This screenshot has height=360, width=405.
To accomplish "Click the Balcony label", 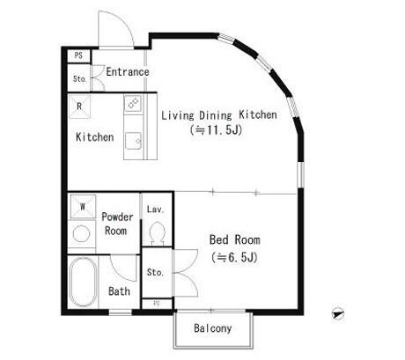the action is pyautogui.click(x=213, y=328).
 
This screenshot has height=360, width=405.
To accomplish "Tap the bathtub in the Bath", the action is pyautogui.click(x=83, y=283).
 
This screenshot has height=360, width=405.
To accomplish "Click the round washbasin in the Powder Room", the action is pyautogui.click(x=81, y=234).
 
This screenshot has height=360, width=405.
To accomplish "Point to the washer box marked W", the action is pyautogui.click(x=83, y=207).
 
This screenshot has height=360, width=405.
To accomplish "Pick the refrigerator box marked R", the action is pyautogui.click(x=79, y=107).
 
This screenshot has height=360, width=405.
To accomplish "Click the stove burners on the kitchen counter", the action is pyautogui.click(x=133, y=103).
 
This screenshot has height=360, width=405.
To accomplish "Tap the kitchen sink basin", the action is pyautogui.click(x=134, y=141).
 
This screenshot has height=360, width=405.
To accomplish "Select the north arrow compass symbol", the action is pyautogui.click(x=338, y=314).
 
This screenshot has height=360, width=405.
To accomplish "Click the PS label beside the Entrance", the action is pyautogui.click(x=78, y=55).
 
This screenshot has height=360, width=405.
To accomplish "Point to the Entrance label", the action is pyautogui.click(x=128, y=72).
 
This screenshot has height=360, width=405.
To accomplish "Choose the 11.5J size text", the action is pyautogui.click(x=216, y=129).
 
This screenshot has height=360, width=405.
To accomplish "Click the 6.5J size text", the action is pyautogui.click(x=234, y=257).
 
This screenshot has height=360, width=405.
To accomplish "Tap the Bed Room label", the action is pyautogui.click(x=235, y=239).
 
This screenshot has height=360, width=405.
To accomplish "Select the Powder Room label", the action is pyautogui.click(x=117, y=224).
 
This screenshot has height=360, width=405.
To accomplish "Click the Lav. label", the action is pyautogui.click(x=155, y=209).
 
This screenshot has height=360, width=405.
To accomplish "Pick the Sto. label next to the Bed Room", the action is pyautogui.click(x=155, y=272).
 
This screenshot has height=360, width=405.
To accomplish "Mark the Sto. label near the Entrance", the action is pyautogui.click(x=79, y=78).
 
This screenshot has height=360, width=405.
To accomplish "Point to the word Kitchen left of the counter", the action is pyautogui.click(x=94, y=137).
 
